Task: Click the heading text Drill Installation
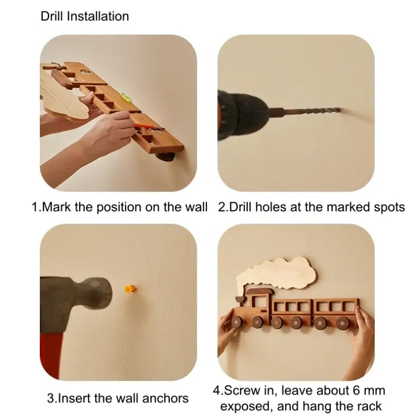coord(84,16)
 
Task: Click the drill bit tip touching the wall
coord(337,110)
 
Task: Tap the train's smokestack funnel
coord(240,301)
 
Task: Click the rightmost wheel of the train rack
coord(342,323)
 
